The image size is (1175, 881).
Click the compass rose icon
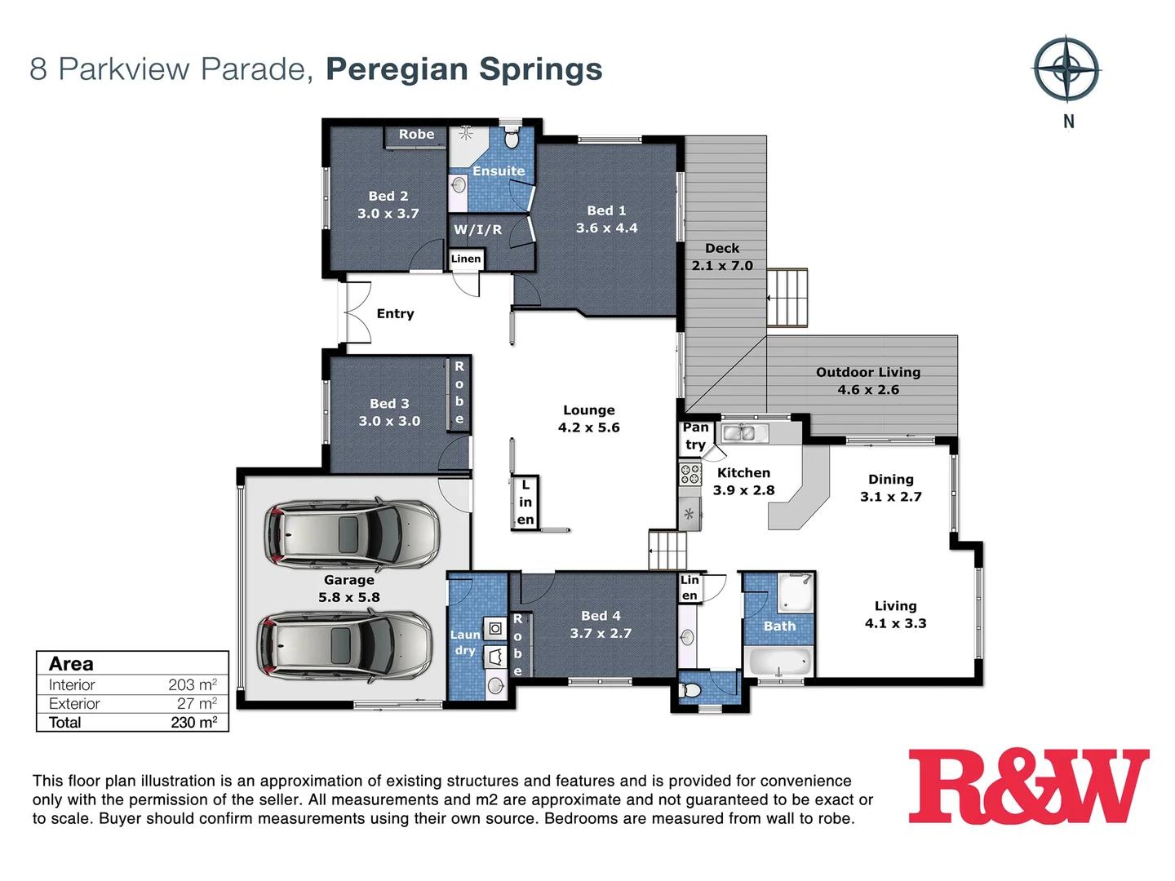tap(1066, 69)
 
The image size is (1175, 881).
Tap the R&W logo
tap(1028, 787)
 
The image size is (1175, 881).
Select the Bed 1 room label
tap(606, 210)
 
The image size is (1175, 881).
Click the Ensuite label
tap(499, 171)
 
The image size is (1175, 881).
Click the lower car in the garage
tap(344, 645)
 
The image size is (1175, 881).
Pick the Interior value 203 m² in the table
tap(193, 685)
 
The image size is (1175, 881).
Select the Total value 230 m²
tap(193, 723)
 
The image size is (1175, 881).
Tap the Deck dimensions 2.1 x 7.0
tap(722, 266)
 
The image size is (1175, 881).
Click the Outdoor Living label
tap(868, 372)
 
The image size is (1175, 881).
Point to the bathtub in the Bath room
tap(779, 662)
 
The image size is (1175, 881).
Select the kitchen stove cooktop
tap(690, 474)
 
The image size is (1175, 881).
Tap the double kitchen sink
tap(745, 432)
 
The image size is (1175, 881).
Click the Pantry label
tap(695, 436)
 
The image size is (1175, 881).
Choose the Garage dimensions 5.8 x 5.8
tap(349, 597)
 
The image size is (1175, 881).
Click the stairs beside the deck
tap(787, 298)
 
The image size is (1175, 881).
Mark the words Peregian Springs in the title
tap(463, 69)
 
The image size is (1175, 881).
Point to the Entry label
tap(395, 314)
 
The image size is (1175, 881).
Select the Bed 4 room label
tap(601, 616)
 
